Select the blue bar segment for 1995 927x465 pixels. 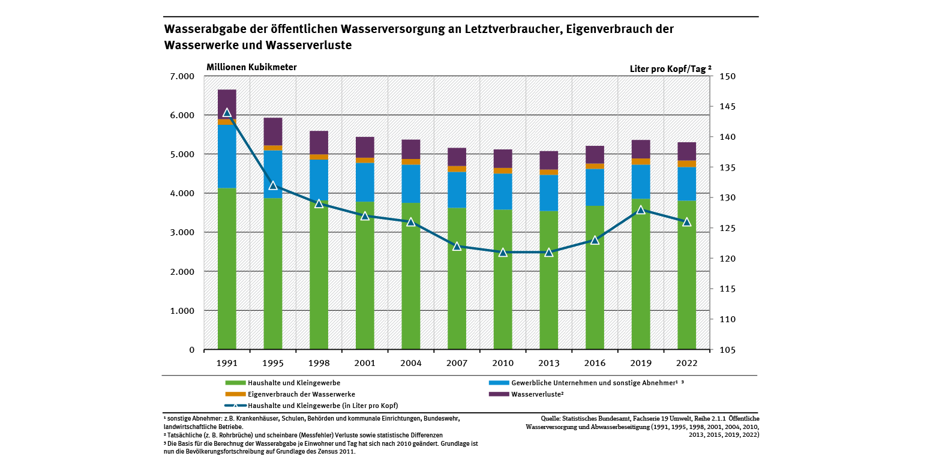[273, 174]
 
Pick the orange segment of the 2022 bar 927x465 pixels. [687, 164]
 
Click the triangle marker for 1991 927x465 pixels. [227, 112]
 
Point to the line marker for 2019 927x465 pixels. [641, 209]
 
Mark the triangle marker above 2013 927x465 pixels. [548, 252]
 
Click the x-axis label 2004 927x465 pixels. [411, 363]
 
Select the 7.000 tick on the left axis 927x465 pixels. [182, 76]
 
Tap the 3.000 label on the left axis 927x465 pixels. [182, 233]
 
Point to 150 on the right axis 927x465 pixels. [719, 76]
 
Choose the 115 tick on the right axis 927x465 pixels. [719, 289]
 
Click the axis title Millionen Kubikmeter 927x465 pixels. [252, 67]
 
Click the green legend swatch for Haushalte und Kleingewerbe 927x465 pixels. [235, 382]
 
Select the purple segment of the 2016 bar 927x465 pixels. [595, 155]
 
